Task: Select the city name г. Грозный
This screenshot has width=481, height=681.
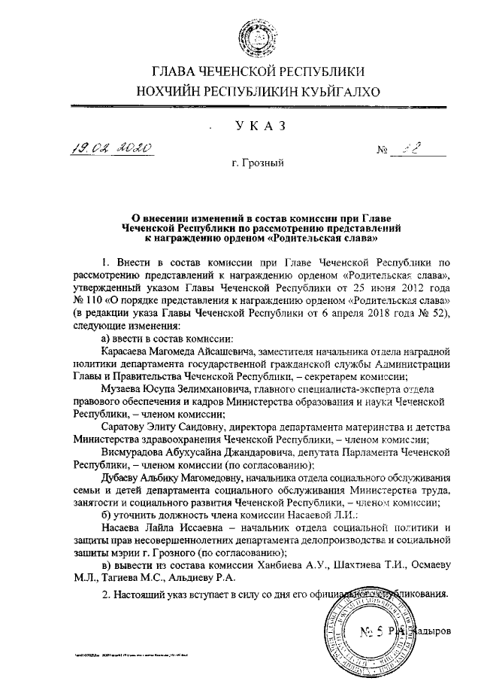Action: pyautogui.click(x=259, y=161)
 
